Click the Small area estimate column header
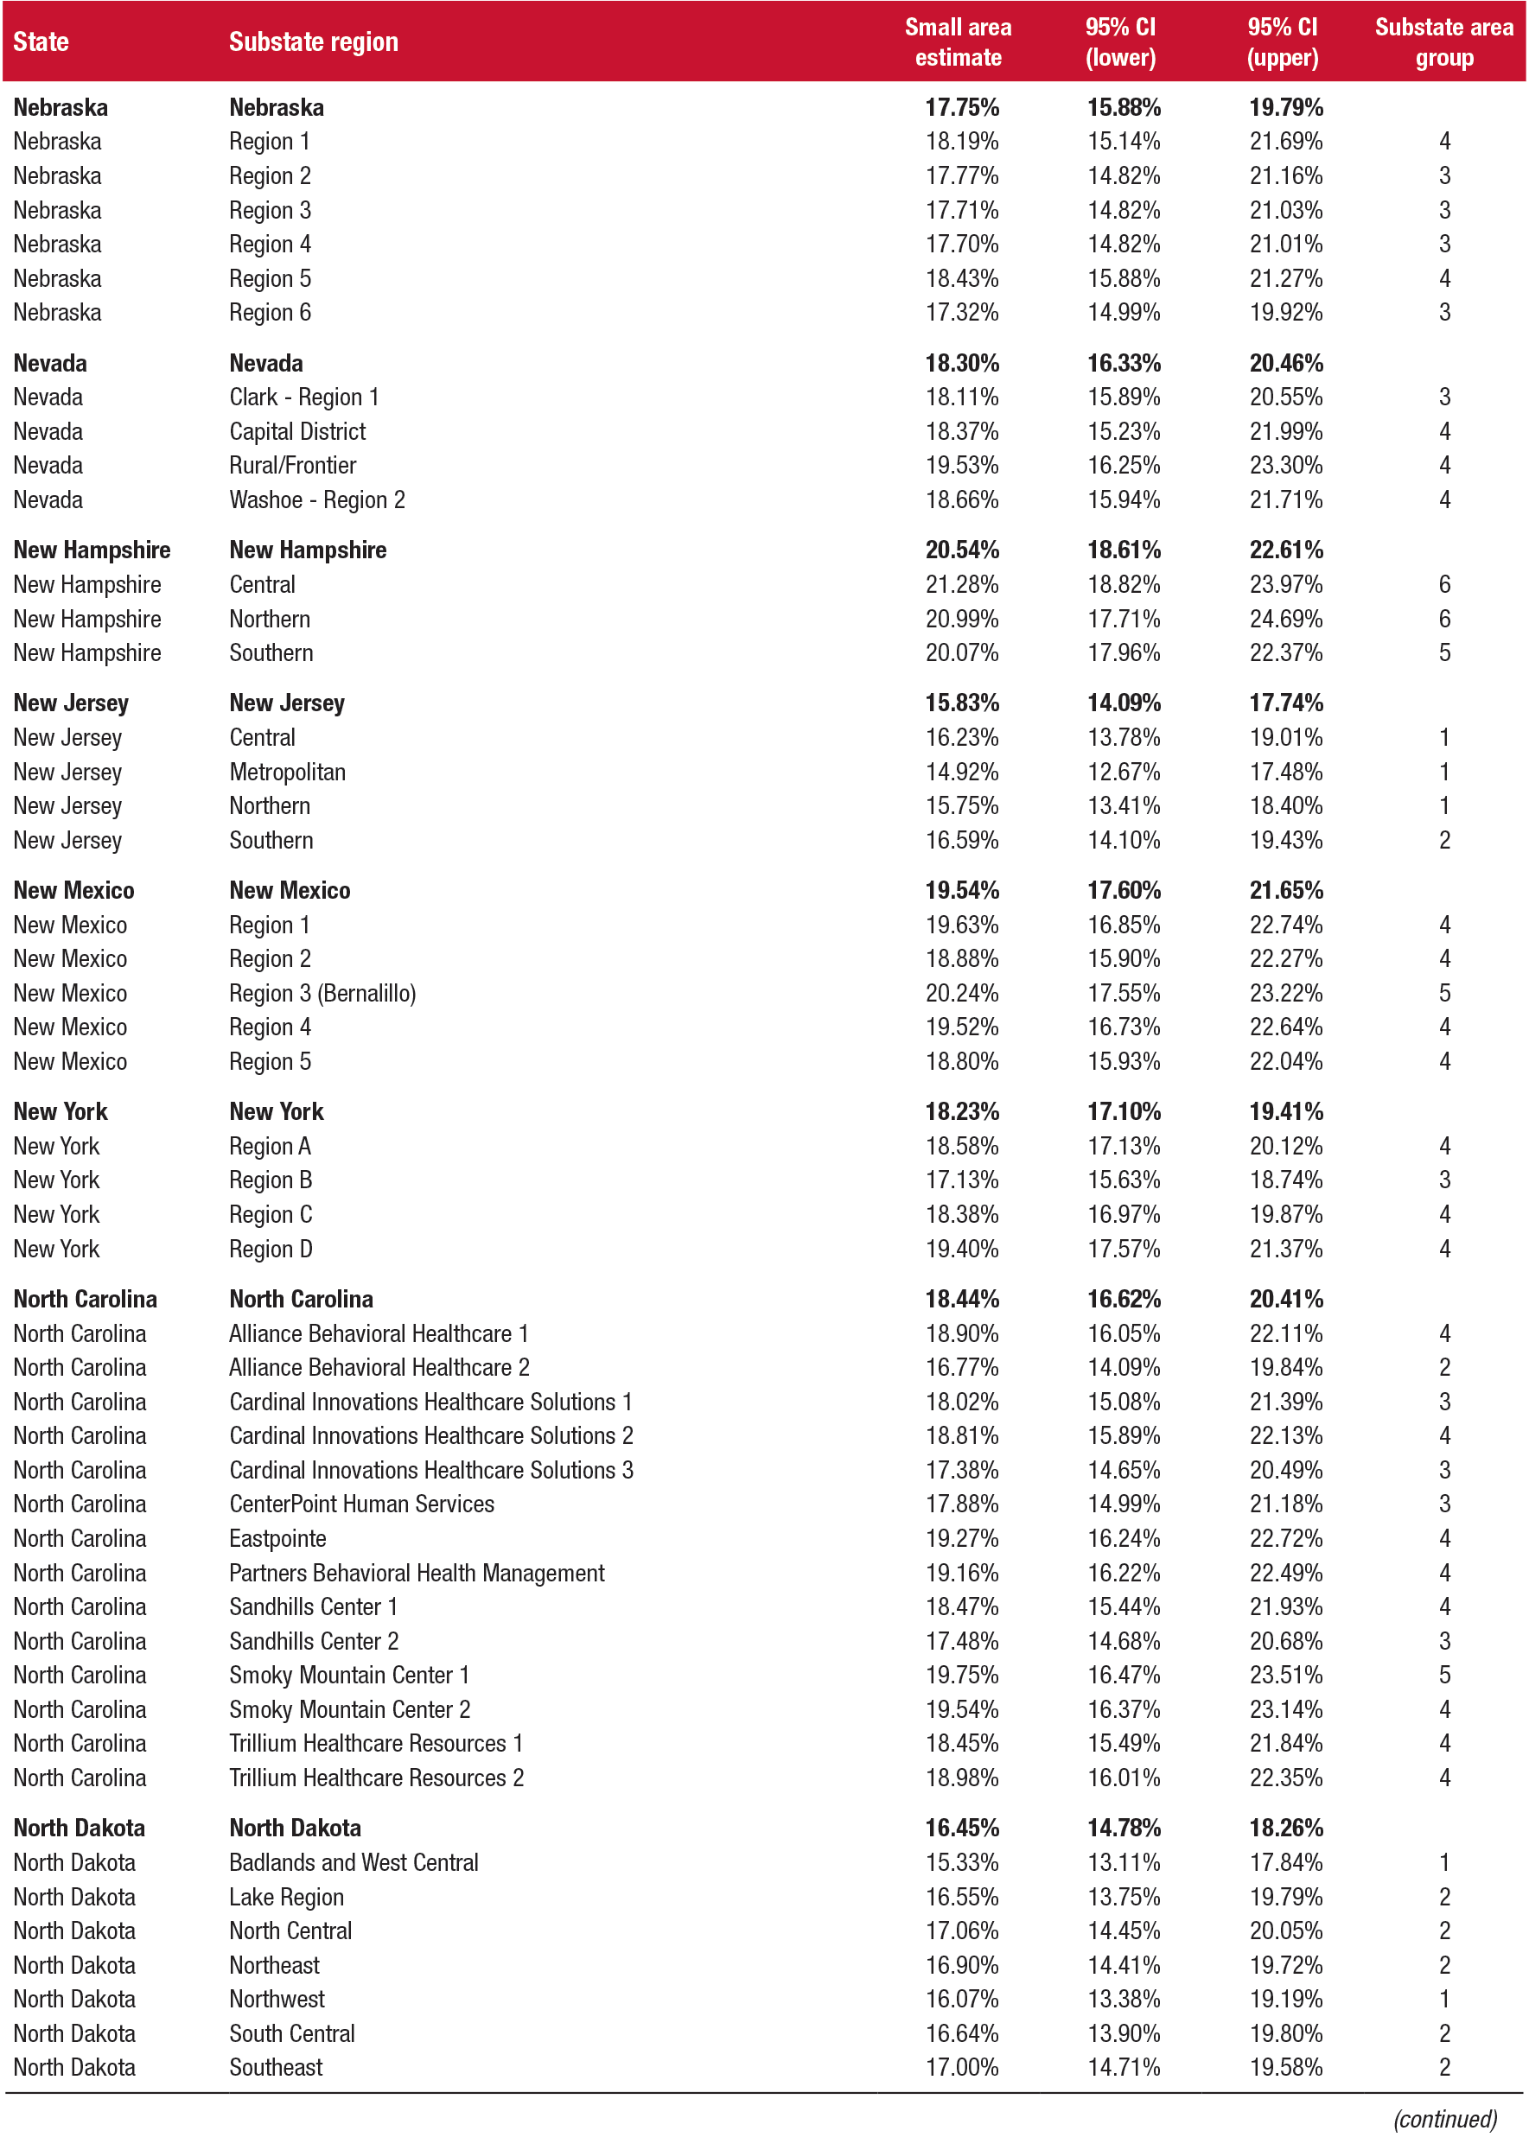click(958, 42)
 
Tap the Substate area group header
click(1443, 42)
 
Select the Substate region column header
click(314, 42)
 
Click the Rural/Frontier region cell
click(293, 466)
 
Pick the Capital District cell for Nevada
click(297, 432)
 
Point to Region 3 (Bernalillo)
click(322, 994)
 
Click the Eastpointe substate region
click(277, 1539)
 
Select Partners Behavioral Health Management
click(417, 1574)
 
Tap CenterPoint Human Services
click(361, 1504)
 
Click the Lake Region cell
click(286, 1898)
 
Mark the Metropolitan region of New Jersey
click(287, 773)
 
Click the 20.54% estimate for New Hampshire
click(961, 550)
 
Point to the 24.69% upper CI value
click(1285, 620)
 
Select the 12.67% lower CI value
click(1124, 773)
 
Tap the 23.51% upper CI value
click(1285, 1676)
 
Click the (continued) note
click(1444, 2119)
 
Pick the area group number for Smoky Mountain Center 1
click(1444, 1676)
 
